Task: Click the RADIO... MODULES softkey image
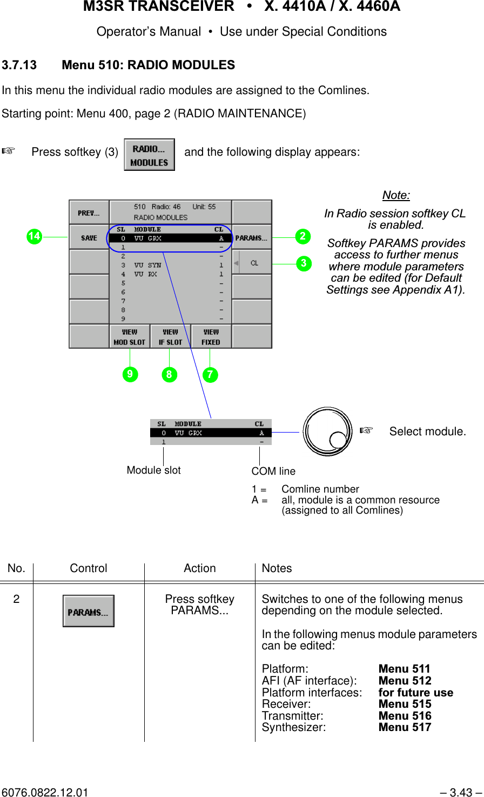point(149,155)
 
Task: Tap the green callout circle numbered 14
point(34,236)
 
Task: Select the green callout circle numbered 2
point(303,236)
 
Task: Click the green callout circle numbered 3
point(304,263)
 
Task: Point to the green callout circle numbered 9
point(130,374)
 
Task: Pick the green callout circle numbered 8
point(169,374)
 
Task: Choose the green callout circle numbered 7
point(210,374)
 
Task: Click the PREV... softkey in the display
point(89,212)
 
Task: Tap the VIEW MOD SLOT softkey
point(130,336)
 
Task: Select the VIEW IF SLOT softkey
point(170,336)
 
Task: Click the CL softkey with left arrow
point(252,263)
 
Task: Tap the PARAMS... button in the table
point(89,611)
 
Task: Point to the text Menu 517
point(405,727)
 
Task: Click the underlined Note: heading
point(396,195)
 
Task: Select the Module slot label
point(153,470)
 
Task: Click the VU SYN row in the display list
point(170,265)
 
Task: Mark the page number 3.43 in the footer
point(460,792)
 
